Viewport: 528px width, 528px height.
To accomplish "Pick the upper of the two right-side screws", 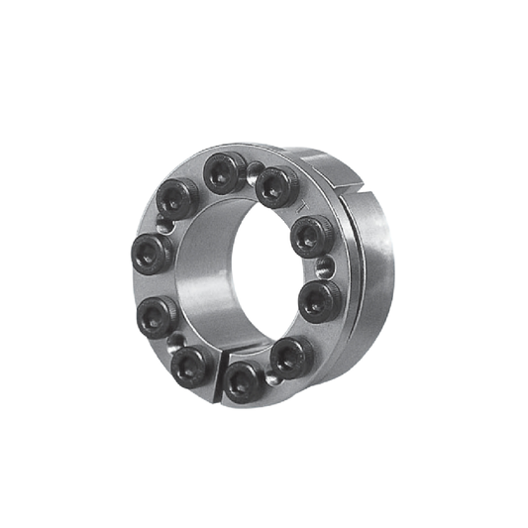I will click(310, 236).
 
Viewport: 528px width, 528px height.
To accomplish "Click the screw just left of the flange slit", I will click(190, 365).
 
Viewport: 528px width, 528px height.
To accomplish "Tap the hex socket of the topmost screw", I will click(224, 174).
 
